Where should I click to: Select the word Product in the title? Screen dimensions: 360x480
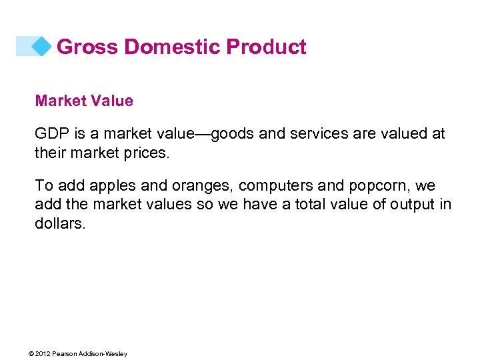(266, 47)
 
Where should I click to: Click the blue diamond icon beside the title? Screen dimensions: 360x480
(41, 46)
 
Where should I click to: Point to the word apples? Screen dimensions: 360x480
(109, 185)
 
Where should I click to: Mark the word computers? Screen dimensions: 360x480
(273, 185)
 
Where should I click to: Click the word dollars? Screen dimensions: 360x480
(60, 223)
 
